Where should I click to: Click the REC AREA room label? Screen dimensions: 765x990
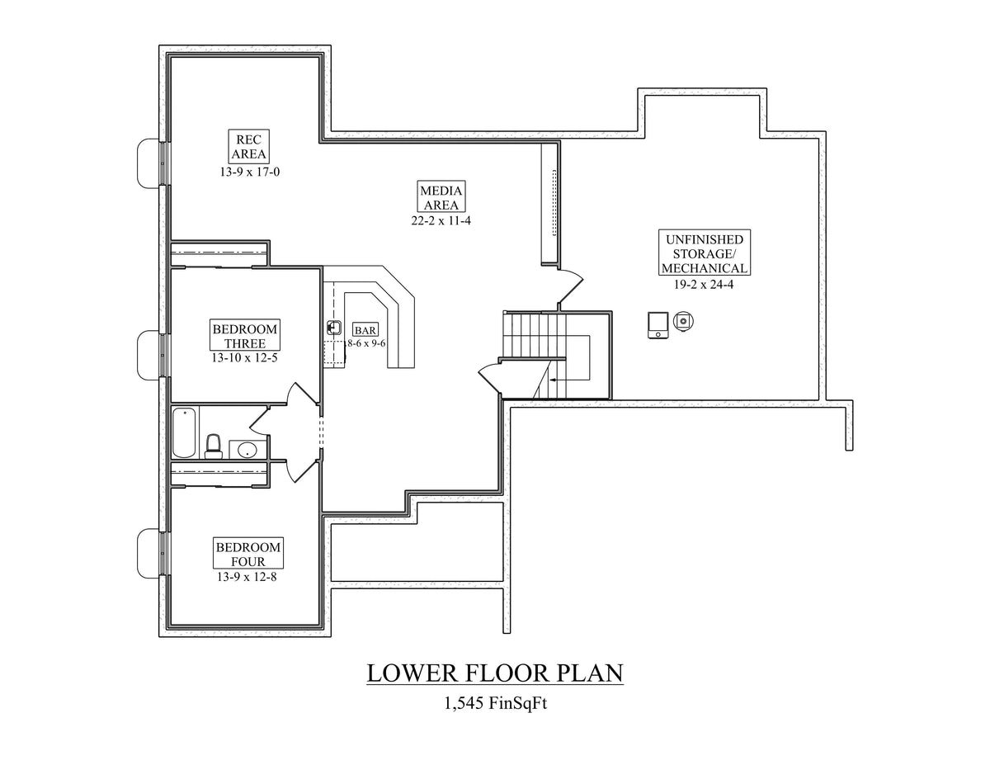[x=248, y=146]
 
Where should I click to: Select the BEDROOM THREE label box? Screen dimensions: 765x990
[x=245, y=336]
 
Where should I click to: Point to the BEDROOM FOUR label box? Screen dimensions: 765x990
[x=248, y=555]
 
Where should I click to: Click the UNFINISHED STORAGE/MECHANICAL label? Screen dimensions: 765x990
[x=704, y=253]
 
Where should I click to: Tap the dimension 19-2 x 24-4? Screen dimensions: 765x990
[x=704, y=284]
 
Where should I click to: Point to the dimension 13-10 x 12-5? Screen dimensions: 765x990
[x=245, y=358]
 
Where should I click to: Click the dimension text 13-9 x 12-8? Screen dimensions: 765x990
[x=248, y=577]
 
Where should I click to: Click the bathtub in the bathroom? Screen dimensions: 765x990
[x=184, y=432]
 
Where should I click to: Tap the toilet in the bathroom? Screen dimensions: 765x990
[x=214, y=446]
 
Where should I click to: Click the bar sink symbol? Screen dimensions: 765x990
[x=334, y=327]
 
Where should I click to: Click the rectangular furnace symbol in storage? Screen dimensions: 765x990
[x=658, y=325]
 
